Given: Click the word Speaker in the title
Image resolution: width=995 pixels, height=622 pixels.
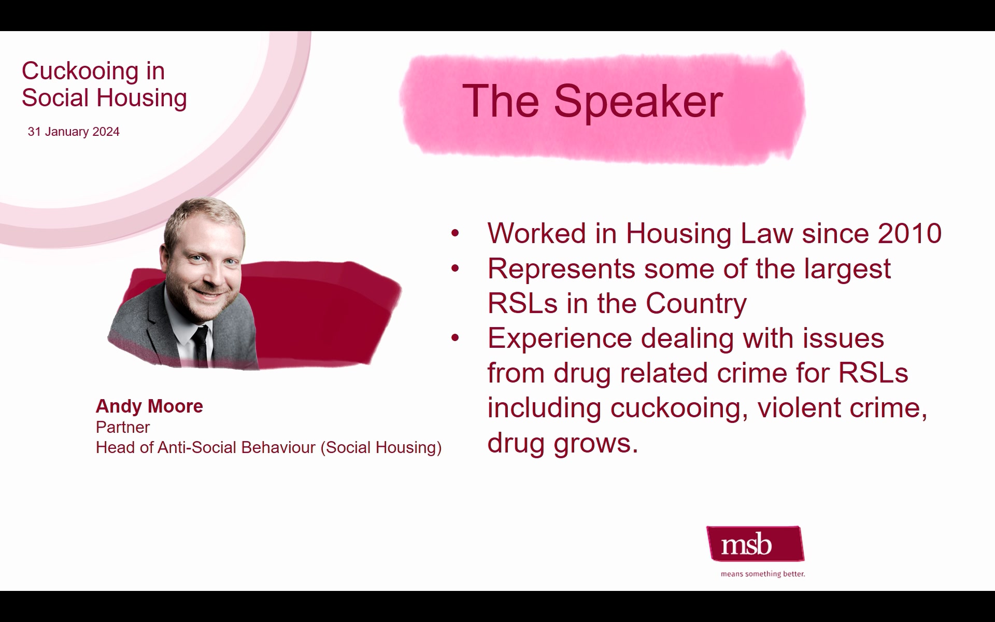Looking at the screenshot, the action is (x=638, y=101).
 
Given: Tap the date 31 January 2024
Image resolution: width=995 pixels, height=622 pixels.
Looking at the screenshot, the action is (x=74, y=132).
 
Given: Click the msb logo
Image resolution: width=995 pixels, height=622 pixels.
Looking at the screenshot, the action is (x=755, y=544).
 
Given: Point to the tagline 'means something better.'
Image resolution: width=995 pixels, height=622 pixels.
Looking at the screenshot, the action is (x=763, y=574).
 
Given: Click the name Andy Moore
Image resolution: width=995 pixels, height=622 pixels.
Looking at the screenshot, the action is (x=149, y=406).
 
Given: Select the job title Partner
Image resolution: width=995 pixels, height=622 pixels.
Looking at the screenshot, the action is (x=123, y=427).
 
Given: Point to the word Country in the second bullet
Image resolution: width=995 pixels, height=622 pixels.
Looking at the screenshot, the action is (x=696, y=303).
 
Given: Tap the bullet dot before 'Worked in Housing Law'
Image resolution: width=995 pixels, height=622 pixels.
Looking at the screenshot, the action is (x=455, y=233).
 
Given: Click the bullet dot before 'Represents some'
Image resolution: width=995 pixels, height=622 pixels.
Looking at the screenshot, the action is (x=455, y=268).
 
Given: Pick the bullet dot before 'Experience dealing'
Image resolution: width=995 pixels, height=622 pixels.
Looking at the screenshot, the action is (x=455, y=338).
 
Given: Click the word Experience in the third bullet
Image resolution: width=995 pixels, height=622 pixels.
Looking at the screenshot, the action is (x=560, y=339).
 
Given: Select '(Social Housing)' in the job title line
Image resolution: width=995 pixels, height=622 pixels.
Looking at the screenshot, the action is (x=381, y=448).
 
